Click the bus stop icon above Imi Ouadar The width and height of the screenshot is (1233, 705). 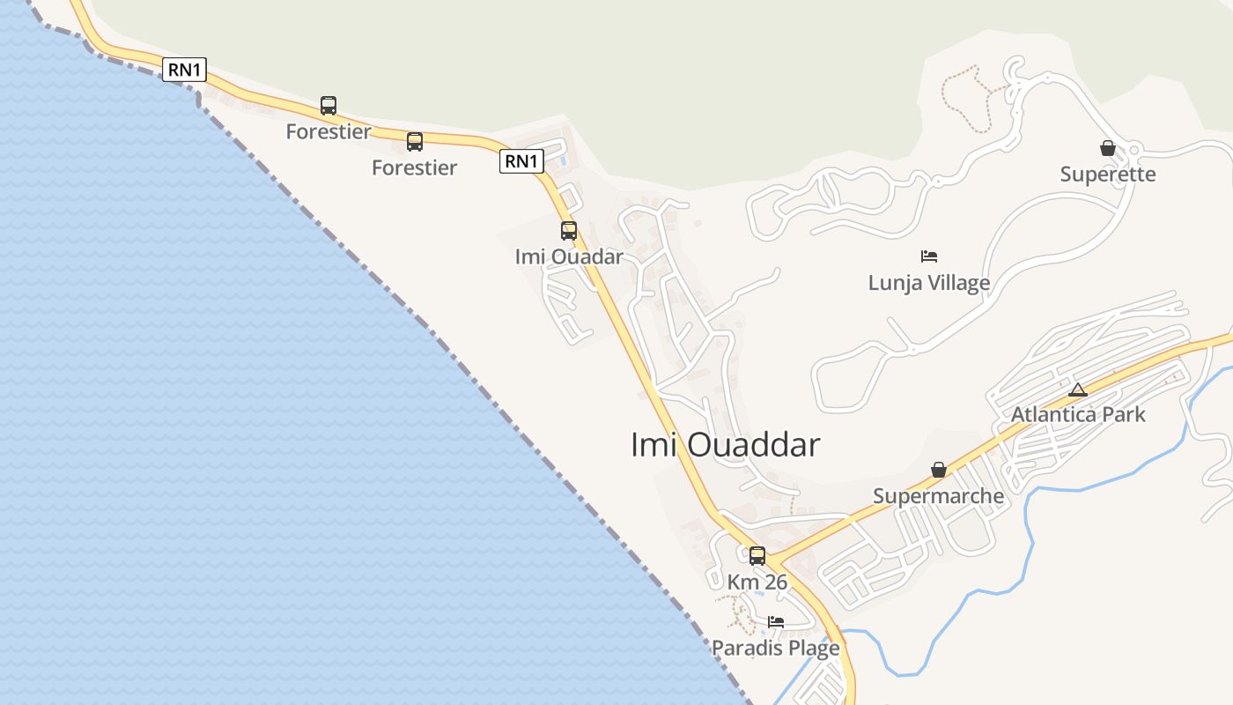pos(569,231)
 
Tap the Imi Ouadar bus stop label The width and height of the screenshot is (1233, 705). pos(569,257)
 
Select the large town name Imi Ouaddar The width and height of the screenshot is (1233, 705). pos(725,445)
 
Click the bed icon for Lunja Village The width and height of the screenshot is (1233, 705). pos(929,256)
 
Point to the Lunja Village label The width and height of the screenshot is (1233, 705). pos(929,283)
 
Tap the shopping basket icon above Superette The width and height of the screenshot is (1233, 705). pos(1108,148)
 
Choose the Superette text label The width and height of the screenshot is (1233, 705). pos(1108,174)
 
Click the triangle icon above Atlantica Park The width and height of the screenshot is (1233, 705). pos(1077,390)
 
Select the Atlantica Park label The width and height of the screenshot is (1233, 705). pos(1078,414)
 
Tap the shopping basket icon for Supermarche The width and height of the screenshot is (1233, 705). pos(939,470)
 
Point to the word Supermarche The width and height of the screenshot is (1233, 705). pos(938,496)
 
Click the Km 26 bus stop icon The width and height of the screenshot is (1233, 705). pos(757,556)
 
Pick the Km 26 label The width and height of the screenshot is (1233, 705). pos(757,583)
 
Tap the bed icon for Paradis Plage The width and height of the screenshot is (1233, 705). pos(776,622)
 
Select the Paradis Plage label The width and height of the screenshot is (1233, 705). pos(776,649)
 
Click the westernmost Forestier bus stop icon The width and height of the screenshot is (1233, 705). pos(329,106)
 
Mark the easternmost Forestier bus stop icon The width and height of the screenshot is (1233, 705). pos(415,141)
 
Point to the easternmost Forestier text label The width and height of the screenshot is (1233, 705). pos(415,167)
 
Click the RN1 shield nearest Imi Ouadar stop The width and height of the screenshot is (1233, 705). pos(521,161)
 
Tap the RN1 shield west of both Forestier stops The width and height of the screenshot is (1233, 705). pos(184,70)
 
